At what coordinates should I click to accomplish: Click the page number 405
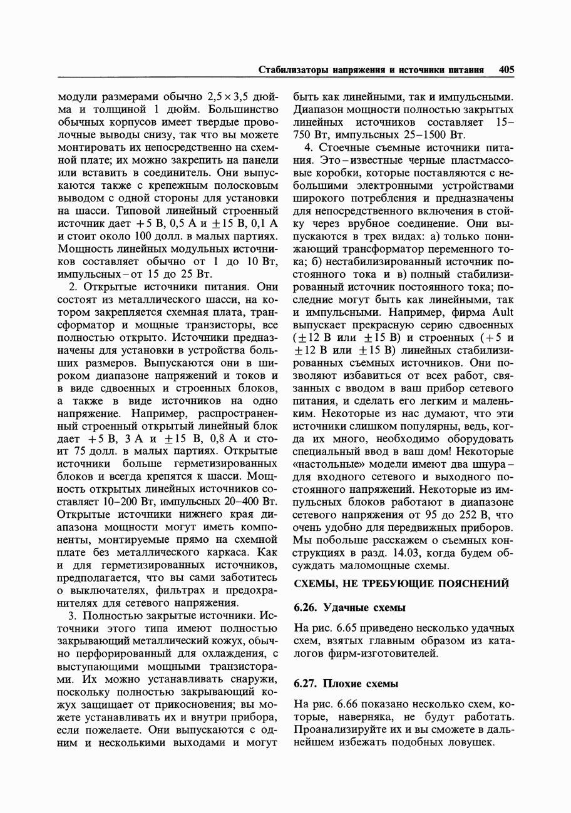[x=507, y=70]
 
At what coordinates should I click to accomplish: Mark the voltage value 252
[x=465, y=515]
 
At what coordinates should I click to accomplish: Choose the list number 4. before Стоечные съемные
[x=308, y=148]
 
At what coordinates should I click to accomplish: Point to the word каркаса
[x=226, y=553]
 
